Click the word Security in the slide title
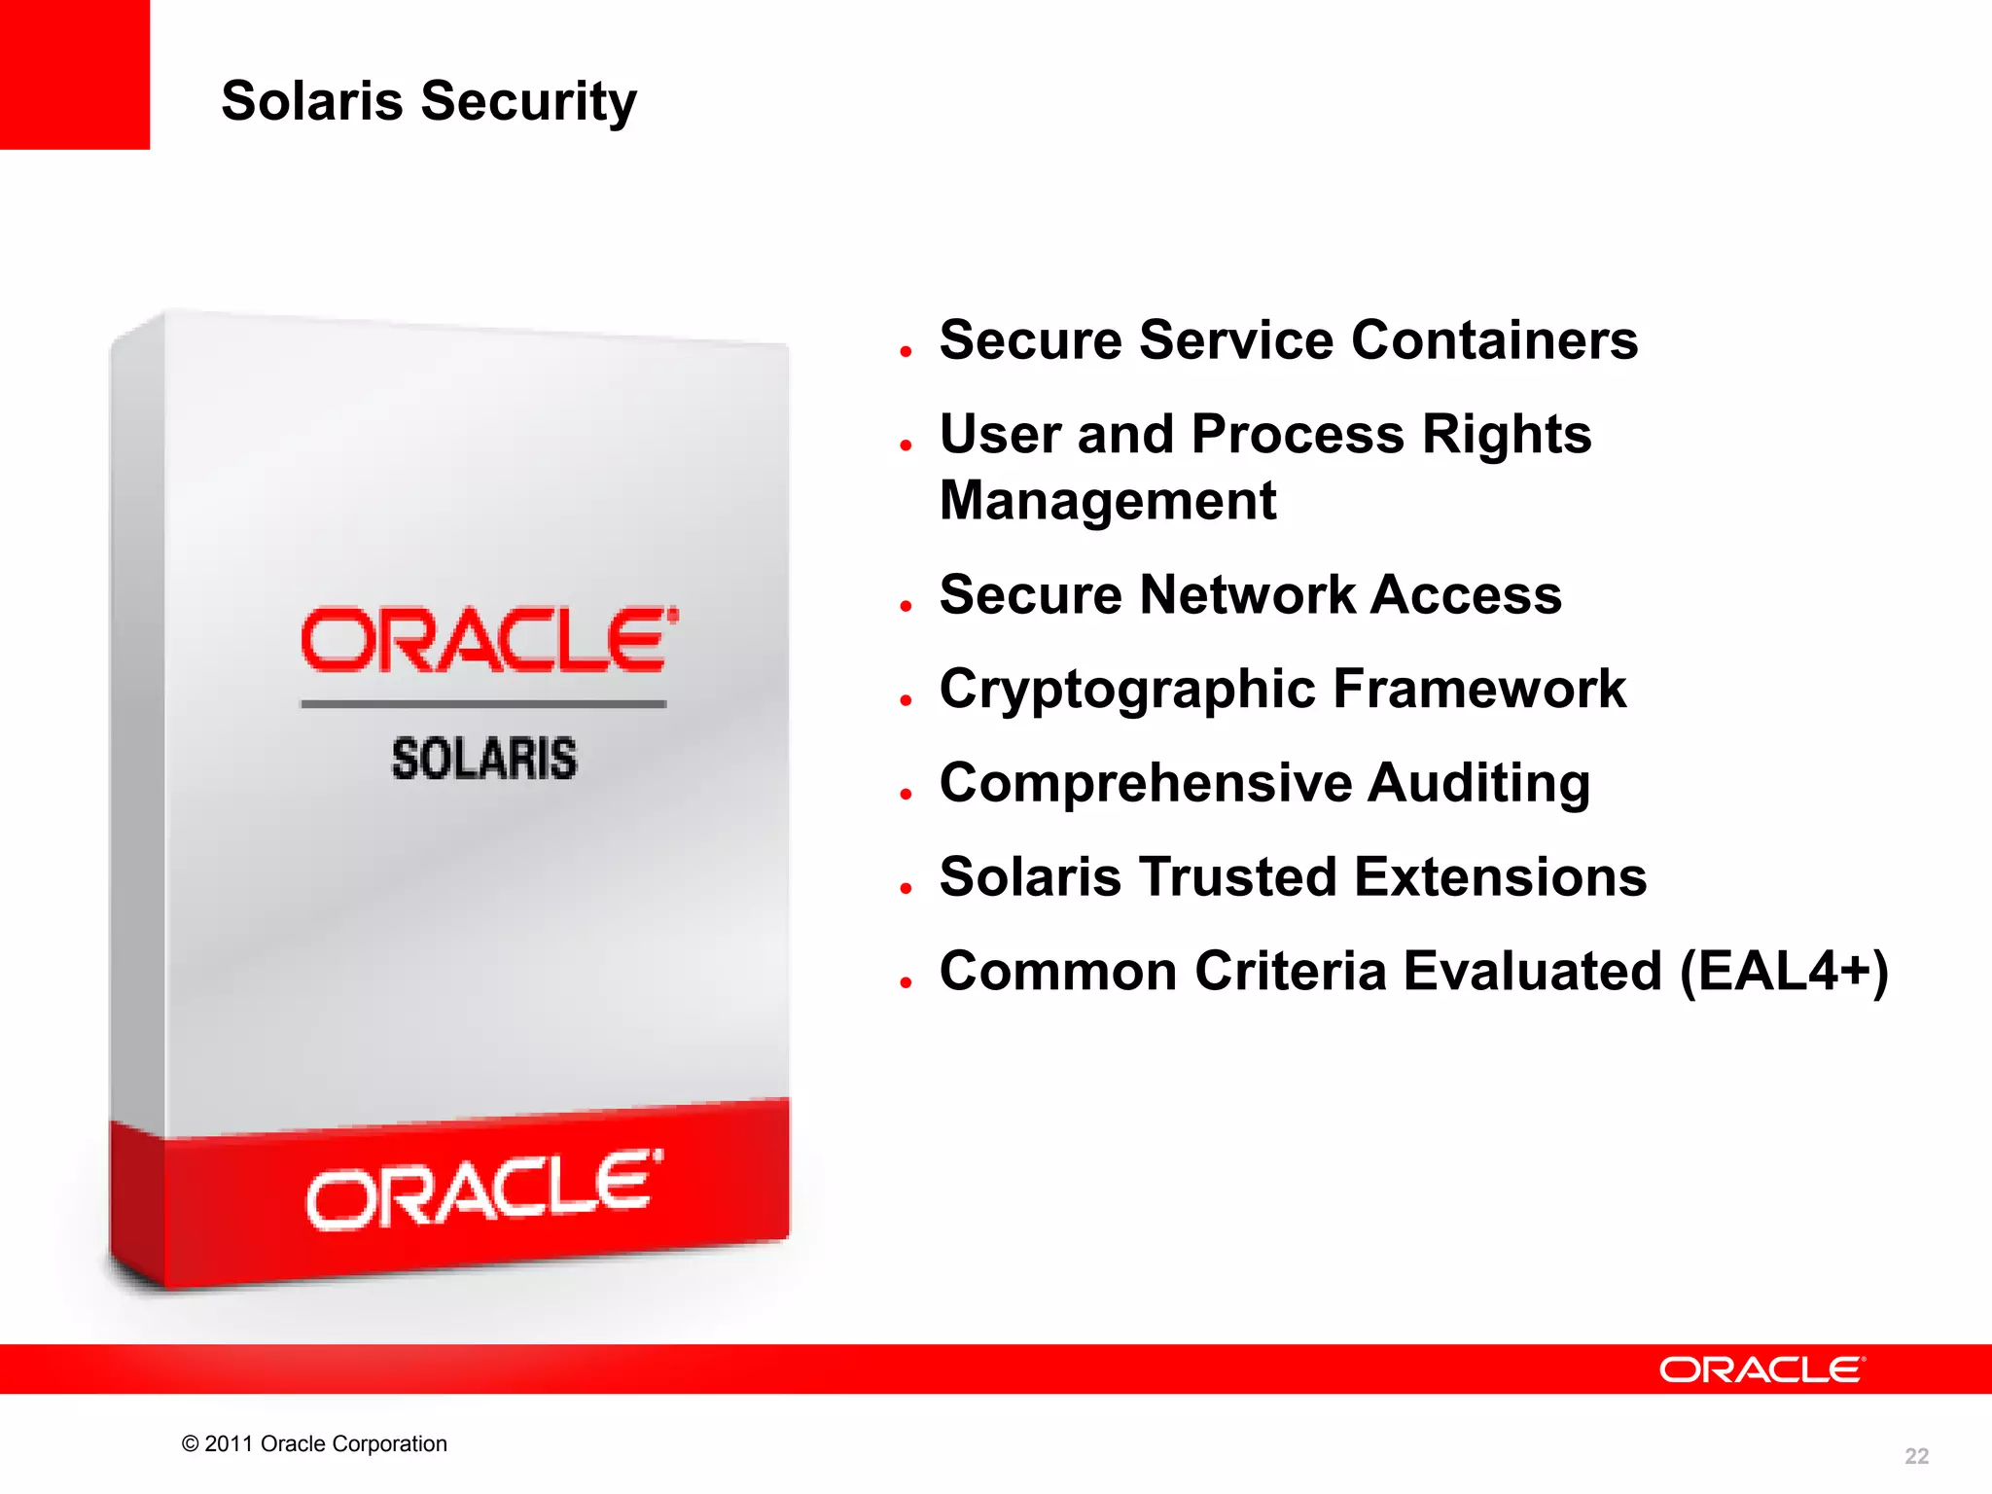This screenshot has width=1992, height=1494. (x=528, y=101)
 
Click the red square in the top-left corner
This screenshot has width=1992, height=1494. (x=74, y=74)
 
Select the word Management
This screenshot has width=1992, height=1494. (x=1107, y=501)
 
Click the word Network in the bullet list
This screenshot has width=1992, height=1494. (x=1247, y=594)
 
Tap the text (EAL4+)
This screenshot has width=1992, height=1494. (x=1784, y=972)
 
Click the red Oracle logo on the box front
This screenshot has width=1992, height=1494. (x=488, y=640)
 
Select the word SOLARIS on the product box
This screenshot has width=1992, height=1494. (x=483, y=759)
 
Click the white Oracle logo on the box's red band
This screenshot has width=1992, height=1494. (x=483, y=1190)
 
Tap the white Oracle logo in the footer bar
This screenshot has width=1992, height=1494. (x=1761, y=1369)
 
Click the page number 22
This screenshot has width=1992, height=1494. (x=1915, y=1456)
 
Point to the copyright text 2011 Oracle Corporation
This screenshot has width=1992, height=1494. (x=314, y=1443)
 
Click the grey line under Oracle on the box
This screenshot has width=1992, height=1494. (x=483, y=703)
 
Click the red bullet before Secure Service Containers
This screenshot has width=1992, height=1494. (x=906, y=351)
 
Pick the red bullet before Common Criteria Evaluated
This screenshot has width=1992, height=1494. (x=906, y=982)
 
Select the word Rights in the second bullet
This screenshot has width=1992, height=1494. (x=1506, y=434)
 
